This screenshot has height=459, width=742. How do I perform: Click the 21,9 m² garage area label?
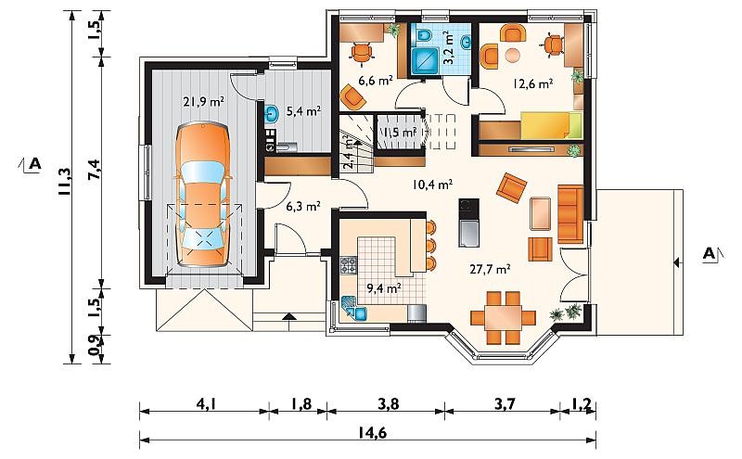[x=203, y=101]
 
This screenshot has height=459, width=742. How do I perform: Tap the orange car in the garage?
[x=202, y=195]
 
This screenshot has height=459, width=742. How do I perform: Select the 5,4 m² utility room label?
[x=304, y=111]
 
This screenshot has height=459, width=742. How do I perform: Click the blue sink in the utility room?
[x=272, y=114]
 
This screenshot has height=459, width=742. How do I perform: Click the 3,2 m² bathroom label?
[x=448, y=48]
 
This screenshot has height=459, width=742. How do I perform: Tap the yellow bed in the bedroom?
[x=551, y=125]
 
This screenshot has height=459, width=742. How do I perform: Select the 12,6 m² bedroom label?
[x=533, y=84]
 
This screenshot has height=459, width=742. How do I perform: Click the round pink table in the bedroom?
[x=513, y=55]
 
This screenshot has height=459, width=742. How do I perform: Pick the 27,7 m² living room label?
[x=490, y=270]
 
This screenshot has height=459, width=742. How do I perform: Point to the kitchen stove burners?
[x=349, y=265]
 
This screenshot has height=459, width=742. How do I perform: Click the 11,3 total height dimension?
[x=65, y=182]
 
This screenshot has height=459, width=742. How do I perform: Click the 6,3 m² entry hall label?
[x=304, y=206]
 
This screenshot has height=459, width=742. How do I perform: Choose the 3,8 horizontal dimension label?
[x=385, y=405]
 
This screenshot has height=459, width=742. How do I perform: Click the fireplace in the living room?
[x=468, y=223]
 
